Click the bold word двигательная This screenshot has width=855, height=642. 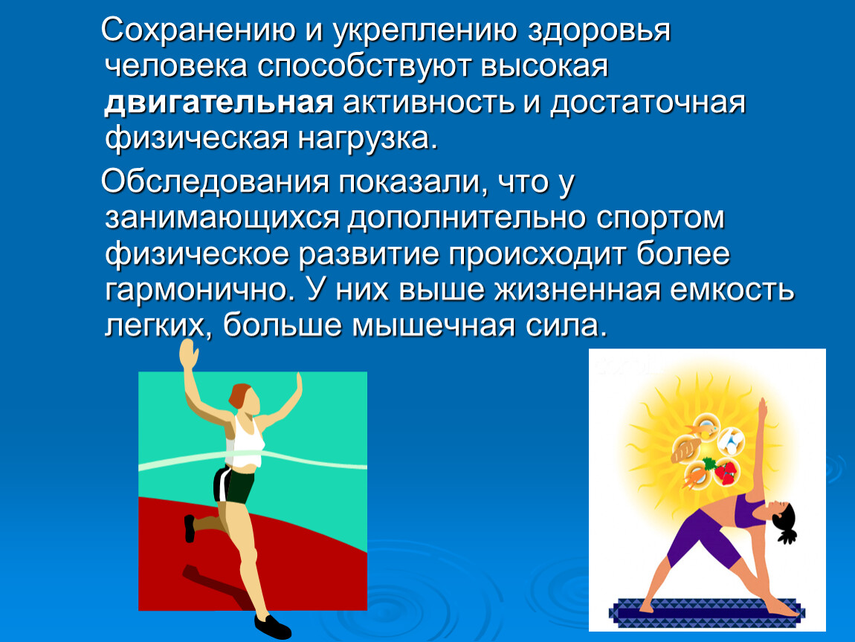click(x=219, y=103)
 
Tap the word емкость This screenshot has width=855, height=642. click(x=732, y=289)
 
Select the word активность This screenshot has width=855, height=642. click(x=428, y=103)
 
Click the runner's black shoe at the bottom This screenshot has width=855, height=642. click(x=273, y=626)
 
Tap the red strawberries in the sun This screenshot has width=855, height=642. click(x=725, y=472)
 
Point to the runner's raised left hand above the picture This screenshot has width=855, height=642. click(x=189, y=353)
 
